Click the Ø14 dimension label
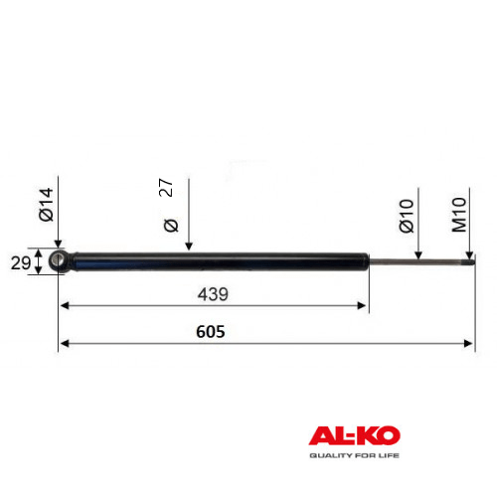(46, 205)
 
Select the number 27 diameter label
(166, 188)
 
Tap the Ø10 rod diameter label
(407, 216)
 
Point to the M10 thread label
(459, 215)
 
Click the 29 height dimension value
(21, 263)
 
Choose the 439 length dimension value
(213, 294)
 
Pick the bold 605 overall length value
(211, 332)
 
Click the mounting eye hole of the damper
(59, 259)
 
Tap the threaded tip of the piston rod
(470, 261)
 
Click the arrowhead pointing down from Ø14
(58, 245)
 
